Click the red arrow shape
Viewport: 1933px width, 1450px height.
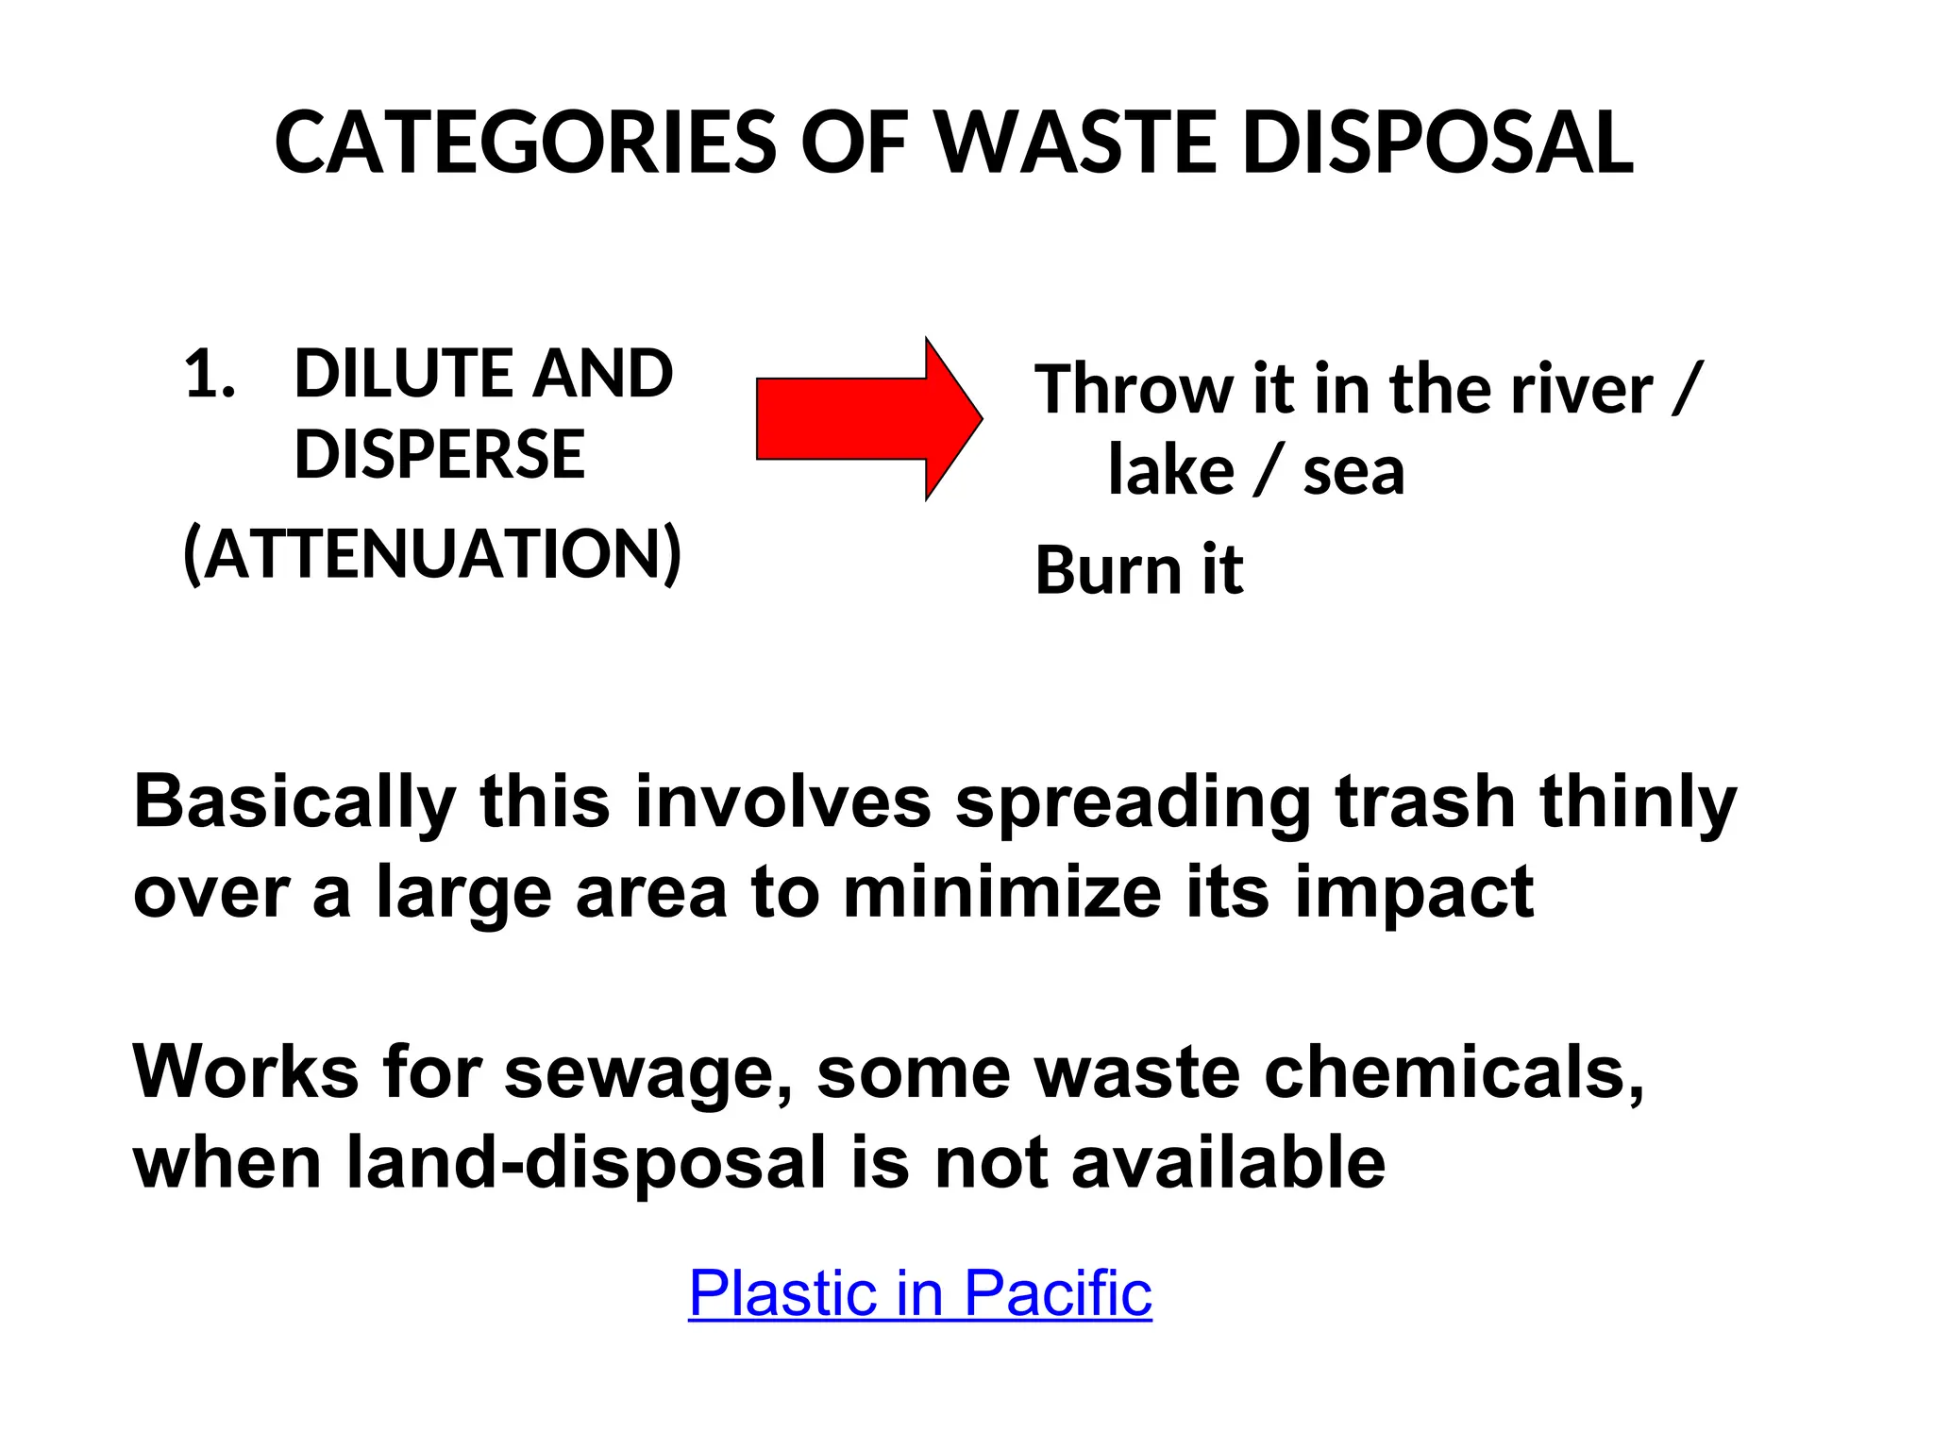click(868, 419)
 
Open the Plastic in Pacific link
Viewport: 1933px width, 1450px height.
click(919, 1292)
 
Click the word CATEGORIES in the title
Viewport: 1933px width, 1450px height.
click(525, 143)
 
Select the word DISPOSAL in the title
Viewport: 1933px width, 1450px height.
click(1437, 143)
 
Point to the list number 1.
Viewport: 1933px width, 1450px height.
click(209, 374)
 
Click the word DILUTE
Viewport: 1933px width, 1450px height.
click(403, 374)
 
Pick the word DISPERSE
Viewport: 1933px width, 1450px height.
click(439, 455)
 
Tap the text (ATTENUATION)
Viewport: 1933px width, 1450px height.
click(431, 554)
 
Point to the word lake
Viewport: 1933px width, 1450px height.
click(1170, 471)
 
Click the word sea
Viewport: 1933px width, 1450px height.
click(1353, 471)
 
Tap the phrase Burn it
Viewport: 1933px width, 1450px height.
click(1139, 570)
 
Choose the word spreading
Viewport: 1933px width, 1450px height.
click(1133, 803)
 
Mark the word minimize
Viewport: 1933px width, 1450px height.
click(1000, 893)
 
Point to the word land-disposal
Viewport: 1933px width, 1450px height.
click(586, 1163)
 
